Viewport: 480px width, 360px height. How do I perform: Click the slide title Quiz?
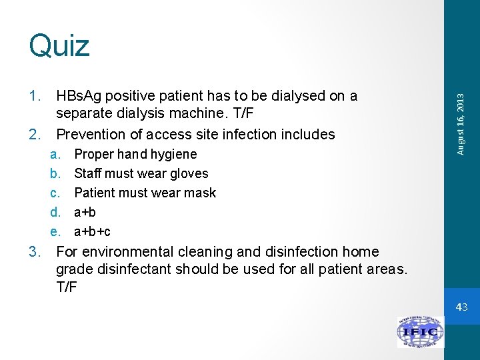[x=59, y=46]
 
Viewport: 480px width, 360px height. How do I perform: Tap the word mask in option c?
[x=201, y=193]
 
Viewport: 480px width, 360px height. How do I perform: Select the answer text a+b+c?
[x=92, y=232]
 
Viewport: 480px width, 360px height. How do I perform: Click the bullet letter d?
[x=55, y=212]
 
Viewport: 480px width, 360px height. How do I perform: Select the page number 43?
[x=462, y=307]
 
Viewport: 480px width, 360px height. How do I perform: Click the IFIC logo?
[x=420, y=331]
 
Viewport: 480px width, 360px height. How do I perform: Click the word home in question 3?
[x=360, y=252]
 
